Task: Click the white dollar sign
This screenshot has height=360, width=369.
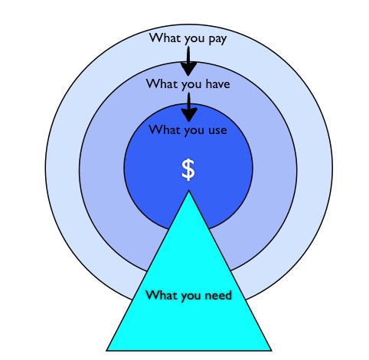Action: (x=188, y=170)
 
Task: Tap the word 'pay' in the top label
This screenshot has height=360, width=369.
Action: (x=217, y=39)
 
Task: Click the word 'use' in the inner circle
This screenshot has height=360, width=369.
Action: (x=217, y=130)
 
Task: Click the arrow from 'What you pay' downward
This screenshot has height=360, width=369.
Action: (x=188, y=61)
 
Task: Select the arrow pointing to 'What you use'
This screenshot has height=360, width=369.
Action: (x=189, y=107)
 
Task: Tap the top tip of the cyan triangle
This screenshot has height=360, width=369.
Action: (x=188, y=191)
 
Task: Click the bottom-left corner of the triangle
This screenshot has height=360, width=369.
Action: (x=106, y=350)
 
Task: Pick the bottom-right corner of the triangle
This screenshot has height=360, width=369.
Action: (x=271, y=350)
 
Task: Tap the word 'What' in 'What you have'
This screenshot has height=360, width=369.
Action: (x=162, y=83)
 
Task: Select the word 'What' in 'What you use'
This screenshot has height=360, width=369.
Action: (x=165, y=129)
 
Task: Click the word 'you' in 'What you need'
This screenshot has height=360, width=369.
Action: (x=191, y=296)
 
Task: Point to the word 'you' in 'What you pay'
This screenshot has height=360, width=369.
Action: (x=194, y=39)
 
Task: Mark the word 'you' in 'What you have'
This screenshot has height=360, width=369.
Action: (x=191, y=85)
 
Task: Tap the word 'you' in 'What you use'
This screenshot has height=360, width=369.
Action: (x=194, y=132)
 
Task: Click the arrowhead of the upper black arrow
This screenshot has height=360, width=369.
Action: (x=188, y=69)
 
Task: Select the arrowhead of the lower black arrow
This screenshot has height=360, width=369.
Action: (x=189, y=115)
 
